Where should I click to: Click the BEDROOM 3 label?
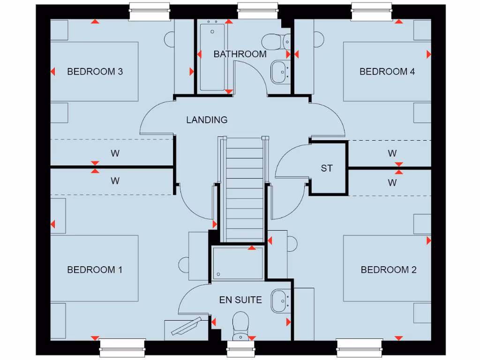[x=95, y=72]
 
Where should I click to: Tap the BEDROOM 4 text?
[x=387, y=72]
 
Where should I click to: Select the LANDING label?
[x=207, y=120]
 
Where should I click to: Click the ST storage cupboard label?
[x=327, y=168]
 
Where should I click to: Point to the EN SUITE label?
[x=240, y=300]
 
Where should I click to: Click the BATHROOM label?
[x=240, y=54]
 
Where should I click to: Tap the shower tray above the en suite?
[x=238, y=263]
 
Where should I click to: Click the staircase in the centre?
[x=244, y=187]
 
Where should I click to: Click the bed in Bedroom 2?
[x=387, y=268]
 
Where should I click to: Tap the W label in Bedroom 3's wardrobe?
[x=115, y=153]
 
